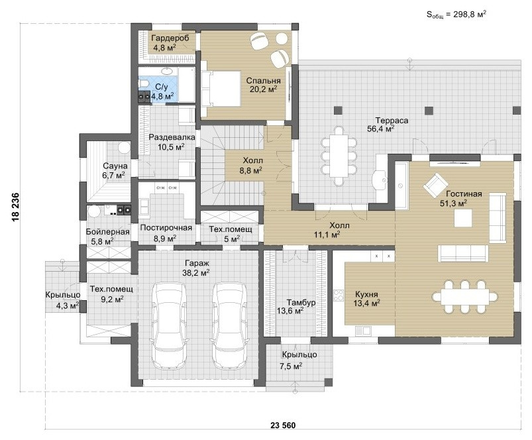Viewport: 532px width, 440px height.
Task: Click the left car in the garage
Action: point(170,326)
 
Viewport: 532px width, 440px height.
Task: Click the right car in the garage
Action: point(230,326)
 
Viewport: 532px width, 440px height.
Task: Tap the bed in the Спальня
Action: point(221,89)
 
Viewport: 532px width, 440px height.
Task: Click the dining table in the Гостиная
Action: point(465,297)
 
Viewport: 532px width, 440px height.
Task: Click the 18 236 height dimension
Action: point(15,207)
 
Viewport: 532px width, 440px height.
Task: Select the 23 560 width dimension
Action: point(283,425)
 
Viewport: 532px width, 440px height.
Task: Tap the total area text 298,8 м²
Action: point(456,15)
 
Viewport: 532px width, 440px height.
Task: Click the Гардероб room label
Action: point(170,38)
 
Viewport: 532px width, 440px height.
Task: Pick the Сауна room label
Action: point(115,166)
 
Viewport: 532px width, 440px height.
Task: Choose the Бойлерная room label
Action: point(107,232)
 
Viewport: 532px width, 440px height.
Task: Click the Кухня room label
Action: point(366,294)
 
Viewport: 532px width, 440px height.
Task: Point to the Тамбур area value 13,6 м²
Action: point(290,310)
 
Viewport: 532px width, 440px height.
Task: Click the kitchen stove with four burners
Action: point(339,294)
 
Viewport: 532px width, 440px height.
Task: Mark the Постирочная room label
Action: point(166,228)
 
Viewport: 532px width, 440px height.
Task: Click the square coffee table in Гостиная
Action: point(464,218)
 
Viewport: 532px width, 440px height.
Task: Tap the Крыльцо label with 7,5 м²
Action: point(299,355)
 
